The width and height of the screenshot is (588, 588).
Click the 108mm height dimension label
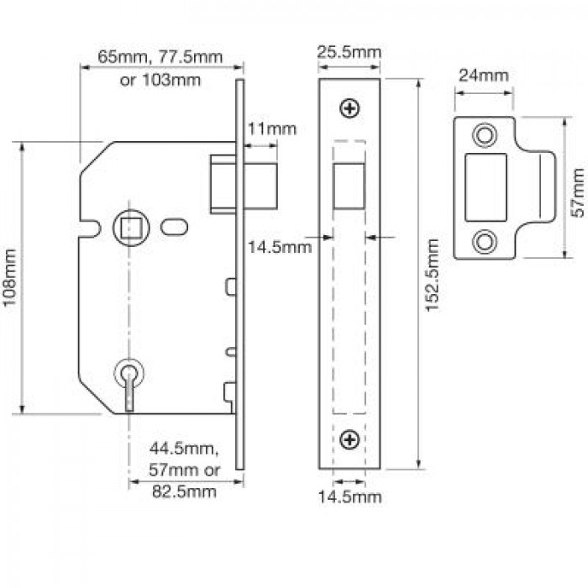(x=9, y=277)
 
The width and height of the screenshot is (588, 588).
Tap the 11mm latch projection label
(x=272, y=129)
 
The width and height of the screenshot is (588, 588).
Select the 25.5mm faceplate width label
(x=349, y=52)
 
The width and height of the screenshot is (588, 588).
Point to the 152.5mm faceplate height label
(x=432, y=275)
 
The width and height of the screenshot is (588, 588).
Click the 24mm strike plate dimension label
(x=484, y=76)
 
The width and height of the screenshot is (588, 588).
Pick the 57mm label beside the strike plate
(x=579, y=192)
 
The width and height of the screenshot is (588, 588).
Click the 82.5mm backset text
(x=184, y=491)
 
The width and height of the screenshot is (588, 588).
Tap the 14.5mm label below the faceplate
(x=349, y=497)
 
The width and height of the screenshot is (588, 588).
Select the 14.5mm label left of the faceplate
(x=280, y=247)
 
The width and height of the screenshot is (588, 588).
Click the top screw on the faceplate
(x=349, y=108)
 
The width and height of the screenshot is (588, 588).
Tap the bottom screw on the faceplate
(x=349, y=439)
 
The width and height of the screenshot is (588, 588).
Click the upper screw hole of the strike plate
(x=485, y=135)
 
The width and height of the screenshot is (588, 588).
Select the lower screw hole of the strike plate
(x=485, y=242)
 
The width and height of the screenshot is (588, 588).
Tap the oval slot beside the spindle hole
(x=175, y=228)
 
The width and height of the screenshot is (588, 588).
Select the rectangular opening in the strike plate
(x=486, y=187)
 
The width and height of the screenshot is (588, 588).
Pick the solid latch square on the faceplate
(x=349, y=186)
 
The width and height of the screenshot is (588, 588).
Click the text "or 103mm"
(x=160, y=81)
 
